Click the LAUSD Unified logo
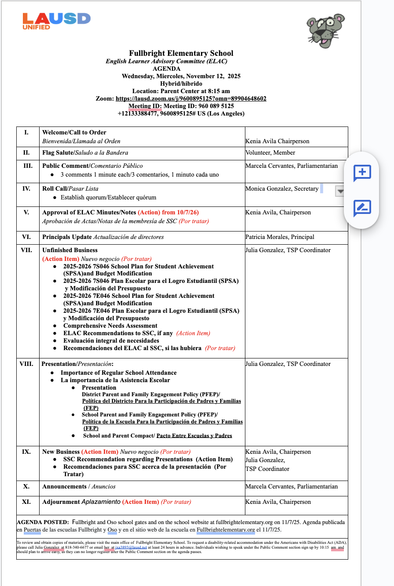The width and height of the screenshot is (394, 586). (56, 21)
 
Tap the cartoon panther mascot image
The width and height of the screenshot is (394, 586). (325, 30)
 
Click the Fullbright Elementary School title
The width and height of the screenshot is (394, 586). (181, 53)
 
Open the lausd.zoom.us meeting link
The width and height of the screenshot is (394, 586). (191, 98)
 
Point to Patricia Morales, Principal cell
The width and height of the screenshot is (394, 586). (280, 237)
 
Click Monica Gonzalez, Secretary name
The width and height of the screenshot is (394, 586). (282, 188)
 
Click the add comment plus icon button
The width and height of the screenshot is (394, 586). (362, 173)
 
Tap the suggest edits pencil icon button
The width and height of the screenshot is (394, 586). (362, 208)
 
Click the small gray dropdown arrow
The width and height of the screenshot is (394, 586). (340, 191)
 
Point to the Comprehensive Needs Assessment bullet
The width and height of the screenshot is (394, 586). (110, 326)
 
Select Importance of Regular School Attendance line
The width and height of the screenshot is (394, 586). (119, 373)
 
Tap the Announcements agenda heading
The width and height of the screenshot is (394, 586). (64, 486)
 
